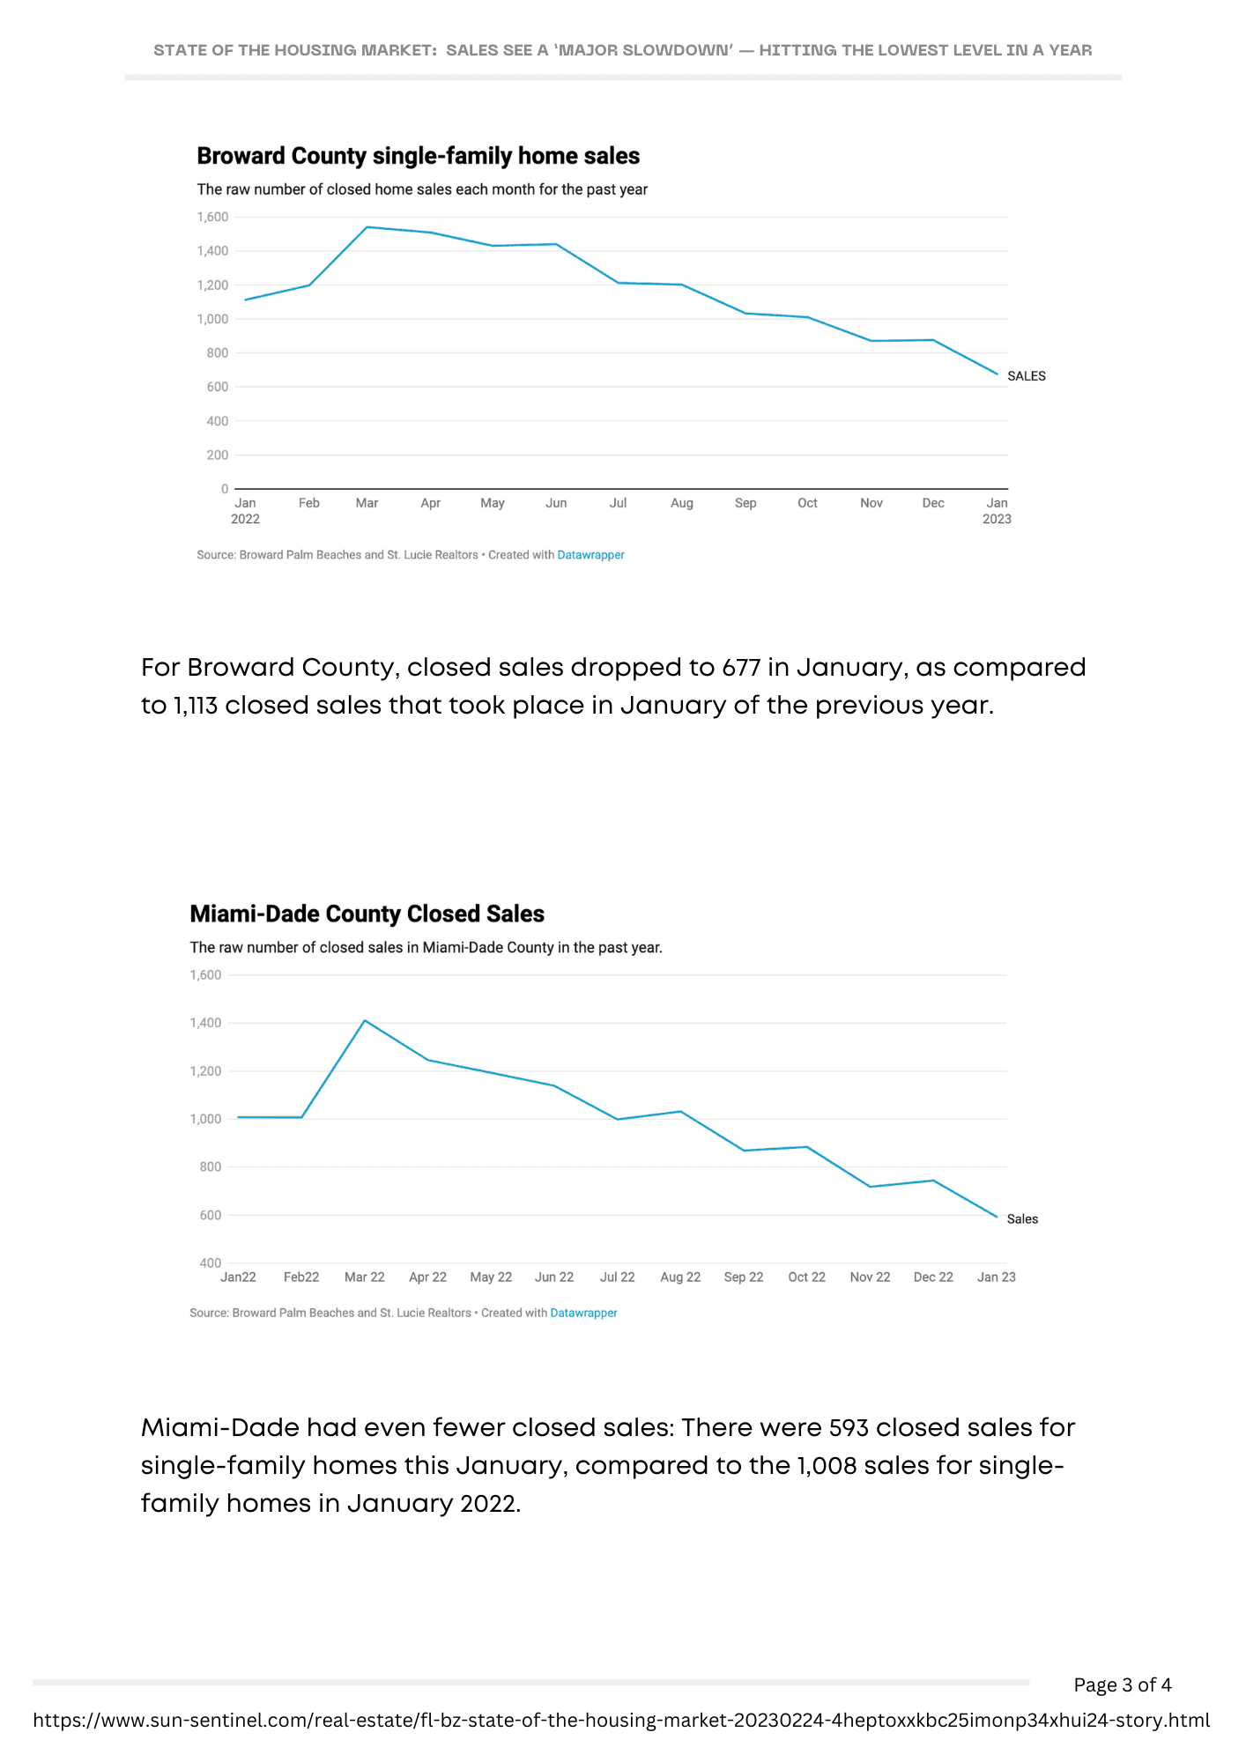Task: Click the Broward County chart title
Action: [x=418, y=156]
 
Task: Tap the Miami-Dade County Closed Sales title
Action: [x=367, y=914]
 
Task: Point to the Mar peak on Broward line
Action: [x=367, y=227]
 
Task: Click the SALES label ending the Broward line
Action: [x=1026, y=376]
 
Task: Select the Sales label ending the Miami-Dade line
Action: [x=1022, y=1219]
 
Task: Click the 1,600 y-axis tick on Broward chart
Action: [x=212, y=217]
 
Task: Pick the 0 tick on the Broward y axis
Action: [x=225, y=489]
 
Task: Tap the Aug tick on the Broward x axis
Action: [x=682, y=503]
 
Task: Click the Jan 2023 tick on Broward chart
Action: [x=997, y=511]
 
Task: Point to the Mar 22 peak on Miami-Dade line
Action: [x=365, y=1020]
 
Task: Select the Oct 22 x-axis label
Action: [x=806, y=1277]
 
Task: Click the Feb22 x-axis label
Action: [x=301, y=1277]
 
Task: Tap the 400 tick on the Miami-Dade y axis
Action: [x=211, y=1263]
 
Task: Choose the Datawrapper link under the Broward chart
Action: [x=590, y=555]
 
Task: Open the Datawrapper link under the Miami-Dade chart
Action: [x=583, y=1313]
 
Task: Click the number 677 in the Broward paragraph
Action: [x=740, y=668]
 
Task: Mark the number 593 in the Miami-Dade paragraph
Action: [x=849, y=1427]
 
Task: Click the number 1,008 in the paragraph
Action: [x=827, y=1465]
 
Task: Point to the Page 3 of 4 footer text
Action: [x=1122, y=1685]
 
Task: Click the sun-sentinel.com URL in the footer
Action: [x=621, y=1721]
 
